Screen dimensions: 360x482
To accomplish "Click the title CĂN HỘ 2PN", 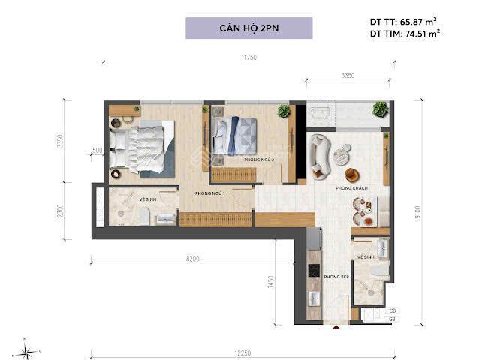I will (x=249, y=28).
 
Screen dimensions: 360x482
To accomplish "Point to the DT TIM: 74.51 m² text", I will (x=405, y=34).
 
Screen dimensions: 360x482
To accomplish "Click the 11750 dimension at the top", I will (x=250, y=57).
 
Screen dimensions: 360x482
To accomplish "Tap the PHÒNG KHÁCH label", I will (x=350, y=188).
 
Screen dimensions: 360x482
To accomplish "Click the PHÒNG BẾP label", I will (x=333, y=277).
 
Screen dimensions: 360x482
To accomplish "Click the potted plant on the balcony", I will (x=380, y=109).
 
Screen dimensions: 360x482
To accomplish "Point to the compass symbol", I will (x=28, y=349).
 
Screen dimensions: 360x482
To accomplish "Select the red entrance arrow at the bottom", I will (x=336, y=325).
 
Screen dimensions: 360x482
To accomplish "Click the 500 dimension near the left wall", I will (x=97, y=151).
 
